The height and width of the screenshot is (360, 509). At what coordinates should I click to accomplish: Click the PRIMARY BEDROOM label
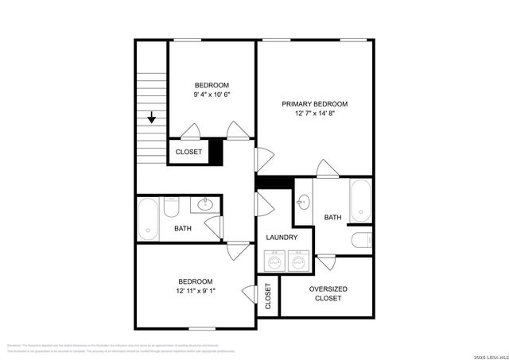[315, 104]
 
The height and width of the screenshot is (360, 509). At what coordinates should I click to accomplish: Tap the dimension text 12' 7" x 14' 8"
[315, 114]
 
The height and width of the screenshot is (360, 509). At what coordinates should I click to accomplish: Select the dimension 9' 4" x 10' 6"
[212, 95]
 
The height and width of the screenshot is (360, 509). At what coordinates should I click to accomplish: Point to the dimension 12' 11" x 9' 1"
[195, 291]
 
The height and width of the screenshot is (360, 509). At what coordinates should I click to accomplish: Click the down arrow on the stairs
[151, 118]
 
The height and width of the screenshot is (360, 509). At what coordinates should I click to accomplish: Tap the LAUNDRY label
[282, 237]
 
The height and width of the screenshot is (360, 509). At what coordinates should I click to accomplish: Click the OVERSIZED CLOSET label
[328, 293]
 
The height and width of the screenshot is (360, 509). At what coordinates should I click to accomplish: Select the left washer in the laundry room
[275, 260]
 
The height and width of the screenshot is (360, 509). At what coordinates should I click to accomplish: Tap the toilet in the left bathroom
[171, 208]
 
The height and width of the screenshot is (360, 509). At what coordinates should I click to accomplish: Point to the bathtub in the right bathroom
[360, 200]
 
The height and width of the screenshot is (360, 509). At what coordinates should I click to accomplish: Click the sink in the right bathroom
[303, 203]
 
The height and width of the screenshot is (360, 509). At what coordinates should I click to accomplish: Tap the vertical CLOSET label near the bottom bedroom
[268, 296]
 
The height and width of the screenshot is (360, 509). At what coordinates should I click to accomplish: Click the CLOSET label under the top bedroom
[188, 152]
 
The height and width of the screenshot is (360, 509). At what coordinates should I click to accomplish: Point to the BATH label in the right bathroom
[332, 217]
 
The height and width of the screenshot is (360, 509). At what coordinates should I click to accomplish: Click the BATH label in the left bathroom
[183, 229]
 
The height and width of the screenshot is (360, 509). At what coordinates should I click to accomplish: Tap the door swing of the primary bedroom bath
[326, 168]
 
